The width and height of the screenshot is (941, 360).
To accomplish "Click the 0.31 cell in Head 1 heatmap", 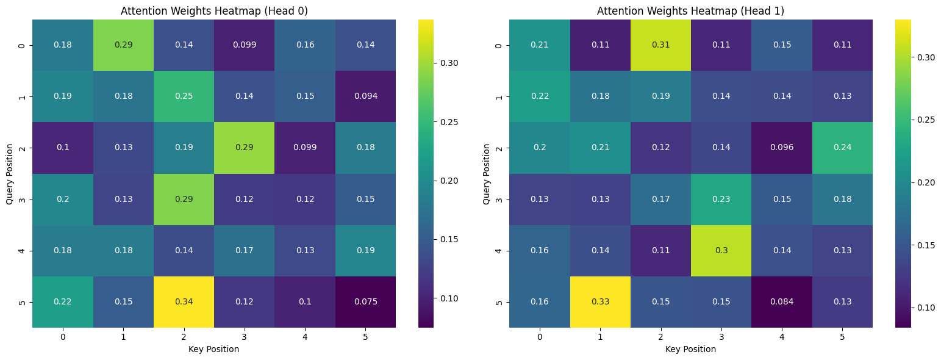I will tap(660, 45).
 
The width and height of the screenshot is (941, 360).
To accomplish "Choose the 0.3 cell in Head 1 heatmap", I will tap(721, 251).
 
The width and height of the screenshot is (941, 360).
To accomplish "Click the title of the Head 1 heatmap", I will tap(690, 10).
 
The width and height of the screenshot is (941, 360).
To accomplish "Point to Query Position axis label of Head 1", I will tap(486, 174).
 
